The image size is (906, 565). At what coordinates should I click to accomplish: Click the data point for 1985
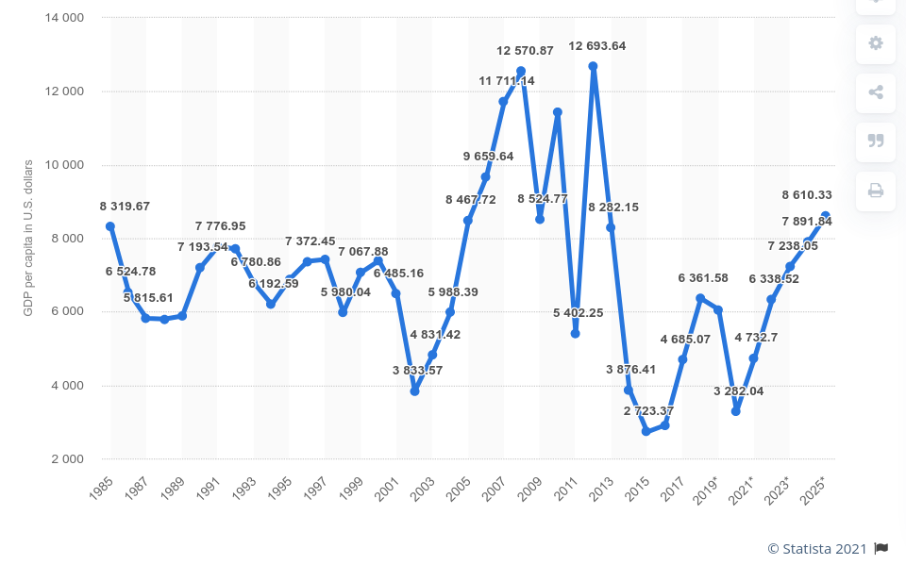click(x=110, y=226)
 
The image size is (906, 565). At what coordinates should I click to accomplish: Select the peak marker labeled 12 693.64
click(x=593, y=66)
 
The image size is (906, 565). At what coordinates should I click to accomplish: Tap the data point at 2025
click(x=825, y=216)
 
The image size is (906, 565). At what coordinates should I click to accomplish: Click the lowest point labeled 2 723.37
click(x=646, y=431)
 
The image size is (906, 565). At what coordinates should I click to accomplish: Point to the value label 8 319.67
click(x=125, y=206)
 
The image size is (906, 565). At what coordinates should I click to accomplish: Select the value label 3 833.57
click(x=417, y=370)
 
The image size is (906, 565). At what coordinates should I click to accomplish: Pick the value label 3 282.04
click(x=738, y=391)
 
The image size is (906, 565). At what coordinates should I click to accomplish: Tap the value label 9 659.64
click(x=488, y=156)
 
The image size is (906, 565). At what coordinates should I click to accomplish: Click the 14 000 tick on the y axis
click(x=63, y=18)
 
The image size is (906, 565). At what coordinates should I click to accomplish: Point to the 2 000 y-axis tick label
click(x=66, y=459)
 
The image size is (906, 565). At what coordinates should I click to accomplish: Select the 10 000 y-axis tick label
click(x=63, y=165)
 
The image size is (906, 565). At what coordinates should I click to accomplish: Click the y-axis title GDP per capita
click(x=28, y=237)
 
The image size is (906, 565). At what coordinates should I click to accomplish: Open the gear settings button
click(x=876, y=43)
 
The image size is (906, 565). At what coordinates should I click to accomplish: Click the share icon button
click(x=876, y=92)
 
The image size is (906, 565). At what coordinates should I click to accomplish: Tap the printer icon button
click(x=876, y=191)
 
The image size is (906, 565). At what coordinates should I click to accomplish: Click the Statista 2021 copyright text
click(x=816, y=548)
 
